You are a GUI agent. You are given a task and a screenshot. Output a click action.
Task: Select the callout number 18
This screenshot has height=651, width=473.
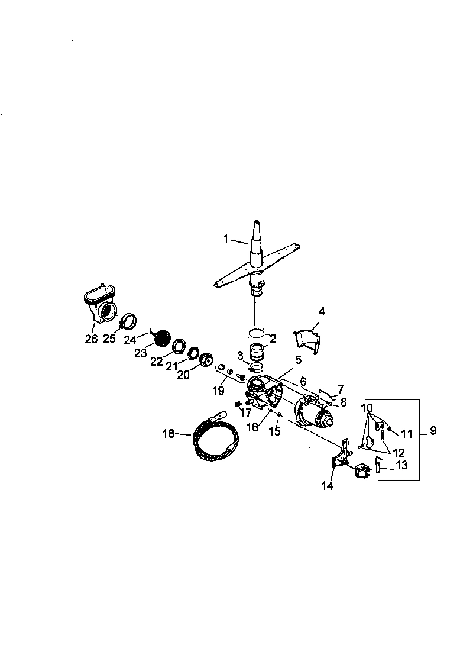[168, 434]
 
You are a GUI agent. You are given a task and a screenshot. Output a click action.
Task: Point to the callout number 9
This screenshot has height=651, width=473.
[433, 431]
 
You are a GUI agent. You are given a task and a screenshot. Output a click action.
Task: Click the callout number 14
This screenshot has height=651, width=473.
[327, 486]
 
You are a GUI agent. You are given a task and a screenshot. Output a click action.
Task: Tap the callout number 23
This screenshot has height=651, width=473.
[141, 354]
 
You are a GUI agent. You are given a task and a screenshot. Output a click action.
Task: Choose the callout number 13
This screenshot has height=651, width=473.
[401, 466]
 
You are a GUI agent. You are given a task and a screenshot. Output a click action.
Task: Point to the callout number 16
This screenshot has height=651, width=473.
[252, 427]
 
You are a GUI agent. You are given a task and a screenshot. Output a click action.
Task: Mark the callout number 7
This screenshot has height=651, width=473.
[339, 389]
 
